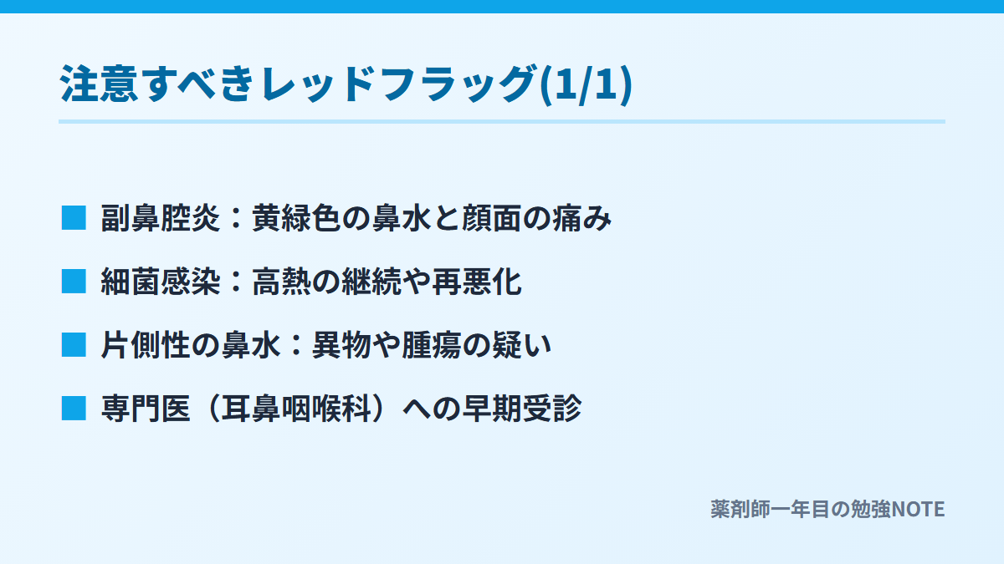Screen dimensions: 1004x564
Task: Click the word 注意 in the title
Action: (99, 84)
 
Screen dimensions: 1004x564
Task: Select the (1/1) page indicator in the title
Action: (586, 84)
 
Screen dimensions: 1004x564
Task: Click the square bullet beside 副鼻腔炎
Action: (74, 218)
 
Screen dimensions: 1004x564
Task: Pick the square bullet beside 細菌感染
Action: (74, 282)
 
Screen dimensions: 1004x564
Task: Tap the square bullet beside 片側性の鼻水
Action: (74, 344)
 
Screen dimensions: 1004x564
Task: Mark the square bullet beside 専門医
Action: (74, 409)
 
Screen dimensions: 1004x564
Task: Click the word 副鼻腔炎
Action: (161, 218)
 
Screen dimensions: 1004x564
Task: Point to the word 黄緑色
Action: (296, 218)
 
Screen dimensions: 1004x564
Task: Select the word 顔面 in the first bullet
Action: (492, 218)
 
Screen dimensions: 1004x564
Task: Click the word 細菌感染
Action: (161, 282)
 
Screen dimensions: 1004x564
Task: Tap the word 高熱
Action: (281, 282)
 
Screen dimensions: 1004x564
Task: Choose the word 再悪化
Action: (477, 282)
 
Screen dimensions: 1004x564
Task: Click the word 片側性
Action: (146, 345)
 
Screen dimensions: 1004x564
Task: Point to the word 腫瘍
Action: (432, 345)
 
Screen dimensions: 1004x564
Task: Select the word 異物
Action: (341, 345)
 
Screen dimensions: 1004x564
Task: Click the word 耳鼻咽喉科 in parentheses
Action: (296, 409)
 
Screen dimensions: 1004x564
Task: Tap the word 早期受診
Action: (522, 409)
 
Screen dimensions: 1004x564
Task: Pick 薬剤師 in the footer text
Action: (740, 510)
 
